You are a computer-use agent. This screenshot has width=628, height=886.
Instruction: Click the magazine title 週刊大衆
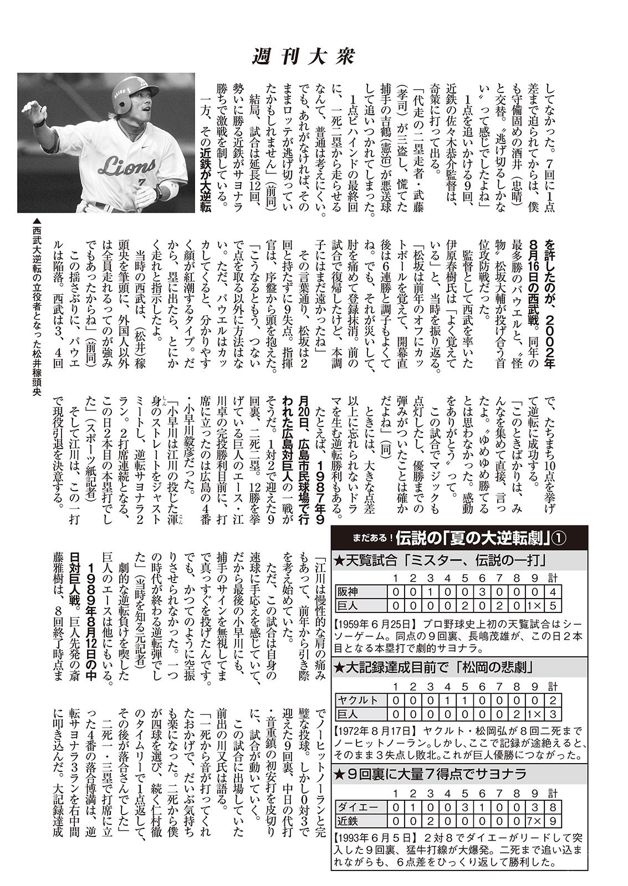point(303,57)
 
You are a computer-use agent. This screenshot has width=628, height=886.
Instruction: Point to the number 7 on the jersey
point(142,182)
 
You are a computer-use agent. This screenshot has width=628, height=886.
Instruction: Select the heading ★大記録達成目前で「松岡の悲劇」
point(435,667)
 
